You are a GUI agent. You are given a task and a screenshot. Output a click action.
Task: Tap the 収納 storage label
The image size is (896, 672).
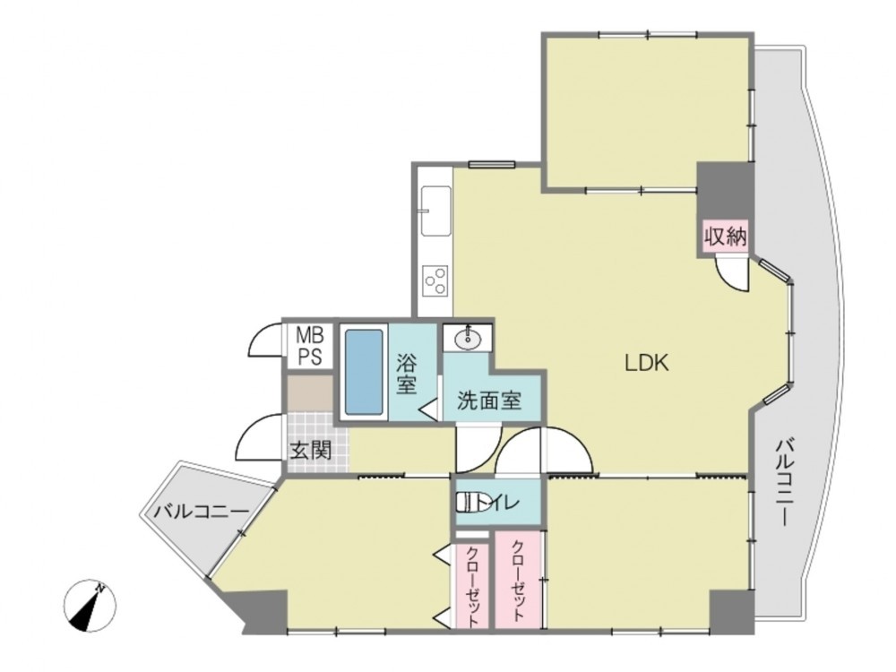(x=725, y=235)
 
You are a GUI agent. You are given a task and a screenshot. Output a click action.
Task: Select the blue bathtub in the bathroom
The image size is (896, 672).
(x=364, y=373)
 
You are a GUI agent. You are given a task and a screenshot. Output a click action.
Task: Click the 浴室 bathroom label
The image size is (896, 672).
(x=406, y=375)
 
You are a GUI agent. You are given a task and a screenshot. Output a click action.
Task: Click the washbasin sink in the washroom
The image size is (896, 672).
(x=468, y=340)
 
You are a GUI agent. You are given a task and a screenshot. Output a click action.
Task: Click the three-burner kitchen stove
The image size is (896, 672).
(x=435, y=280)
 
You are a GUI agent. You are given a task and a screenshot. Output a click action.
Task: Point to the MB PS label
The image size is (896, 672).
(x=309, y=345)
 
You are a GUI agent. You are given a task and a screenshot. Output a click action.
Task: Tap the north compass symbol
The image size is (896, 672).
(x=90, y=606)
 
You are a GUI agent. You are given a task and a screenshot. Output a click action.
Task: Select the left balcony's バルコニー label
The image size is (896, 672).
(x=201, y=511)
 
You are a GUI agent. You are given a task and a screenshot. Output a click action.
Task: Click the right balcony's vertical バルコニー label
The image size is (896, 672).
(x=784, y=483)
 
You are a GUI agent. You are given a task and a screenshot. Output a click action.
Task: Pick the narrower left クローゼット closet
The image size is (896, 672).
(x=473, y=586)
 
